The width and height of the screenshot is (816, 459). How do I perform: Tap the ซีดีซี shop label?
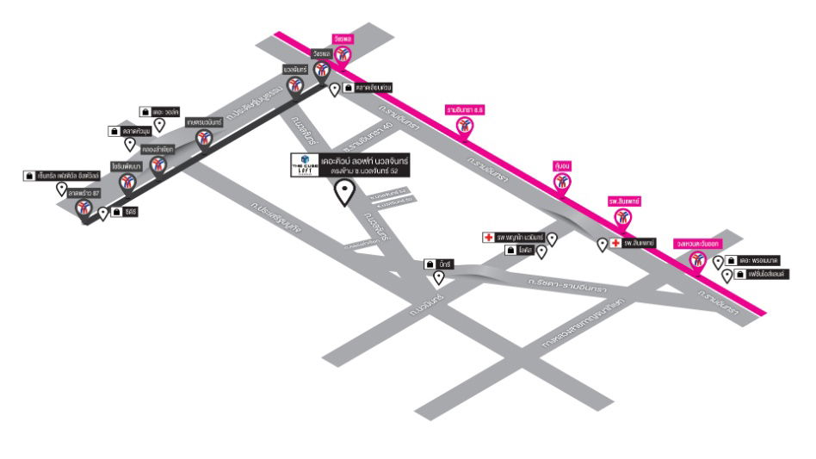130,211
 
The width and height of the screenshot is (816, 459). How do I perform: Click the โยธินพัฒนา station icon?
127,183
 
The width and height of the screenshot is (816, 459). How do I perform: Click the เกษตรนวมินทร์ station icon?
205,139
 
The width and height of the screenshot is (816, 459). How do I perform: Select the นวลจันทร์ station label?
295,68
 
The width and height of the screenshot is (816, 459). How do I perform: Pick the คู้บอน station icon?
562,182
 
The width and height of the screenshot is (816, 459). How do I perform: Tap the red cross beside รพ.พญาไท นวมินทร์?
487,236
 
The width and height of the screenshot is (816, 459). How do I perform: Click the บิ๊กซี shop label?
444,264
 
